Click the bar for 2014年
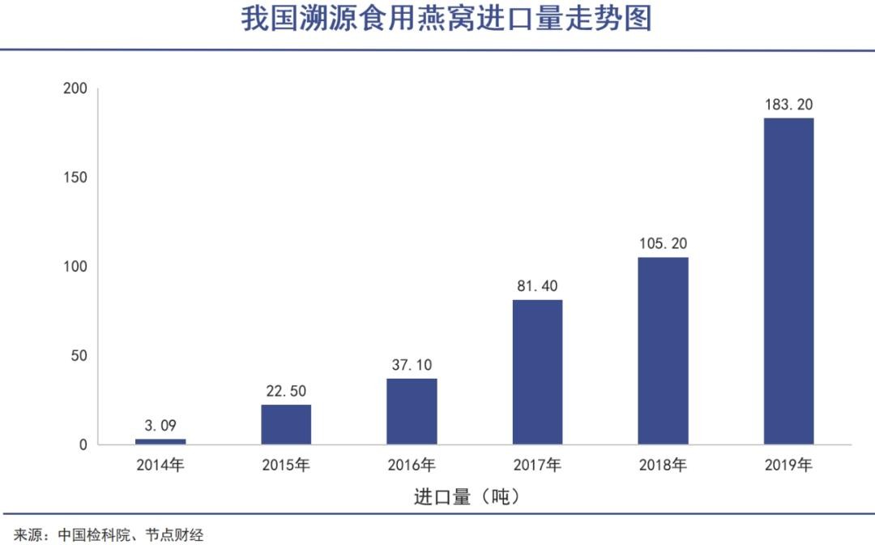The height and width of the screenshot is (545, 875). pyautogui.click(x=160, y=442)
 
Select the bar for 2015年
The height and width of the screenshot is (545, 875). pyautogui.click(x=286, y=424)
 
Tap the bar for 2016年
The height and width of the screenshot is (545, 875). pyautogui.click(x=412, y=411)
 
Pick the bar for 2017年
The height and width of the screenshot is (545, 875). pyautogui.click(x=537, y=372)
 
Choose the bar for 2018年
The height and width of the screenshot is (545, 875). pyautogui.click(x=663, y=350)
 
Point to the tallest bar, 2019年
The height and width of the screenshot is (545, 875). pyautogui.click(x=788, y=281)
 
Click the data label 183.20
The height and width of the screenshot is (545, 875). pyautogui.click(x=788, y=105)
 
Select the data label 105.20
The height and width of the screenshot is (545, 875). pyautogui.click(x=663, y=244)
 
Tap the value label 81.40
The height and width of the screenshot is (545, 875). pyautogui.click(x=537, y=286)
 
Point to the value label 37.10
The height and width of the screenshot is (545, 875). pyautogui.click(x=412, y=365)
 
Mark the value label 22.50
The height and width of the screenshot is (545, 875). pyautogui.click(x=286, y=391)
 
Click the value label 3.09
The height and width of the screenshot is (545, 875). pyautogui.click(x=160, y=425)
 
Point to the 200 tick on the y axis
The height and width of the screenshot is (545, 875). pyautogui.click(x=75, y=88)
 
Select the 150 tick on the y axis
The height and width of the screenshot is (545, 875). pyautogui.click(x=75, y=178)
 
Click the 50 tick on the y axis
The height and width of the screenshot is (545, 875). pyautogui.click(x=80, y=356)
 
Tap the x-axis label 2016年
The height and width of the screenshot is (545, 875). pyautogui.click(x=412, y=466)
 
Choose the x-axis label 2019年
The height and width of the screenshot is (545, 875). pyautogui.click(x=788, y=466)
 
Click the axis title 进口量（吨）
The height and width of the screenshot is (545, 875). pyautogui.click(x=466, y=497)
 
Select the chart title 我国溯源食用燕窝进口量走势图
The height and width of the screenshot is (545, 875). pyautogui.click(x=446, y=19)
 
